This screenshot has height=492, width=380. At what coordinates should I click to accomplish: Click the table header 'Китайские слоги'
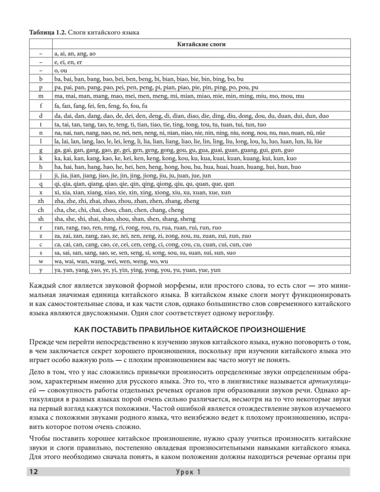coord(201,44)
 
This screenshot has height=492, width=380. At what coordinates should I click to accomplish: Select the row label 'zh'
coord(41,201)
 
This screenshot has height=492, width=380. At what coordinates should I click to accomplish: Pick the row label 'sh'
coord(41,219)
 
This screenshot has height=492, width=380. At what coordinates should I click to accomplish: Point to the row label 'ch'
coord(41,210)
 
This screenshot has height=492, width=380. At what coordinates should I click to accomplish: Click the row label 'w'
coord(41,261)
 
